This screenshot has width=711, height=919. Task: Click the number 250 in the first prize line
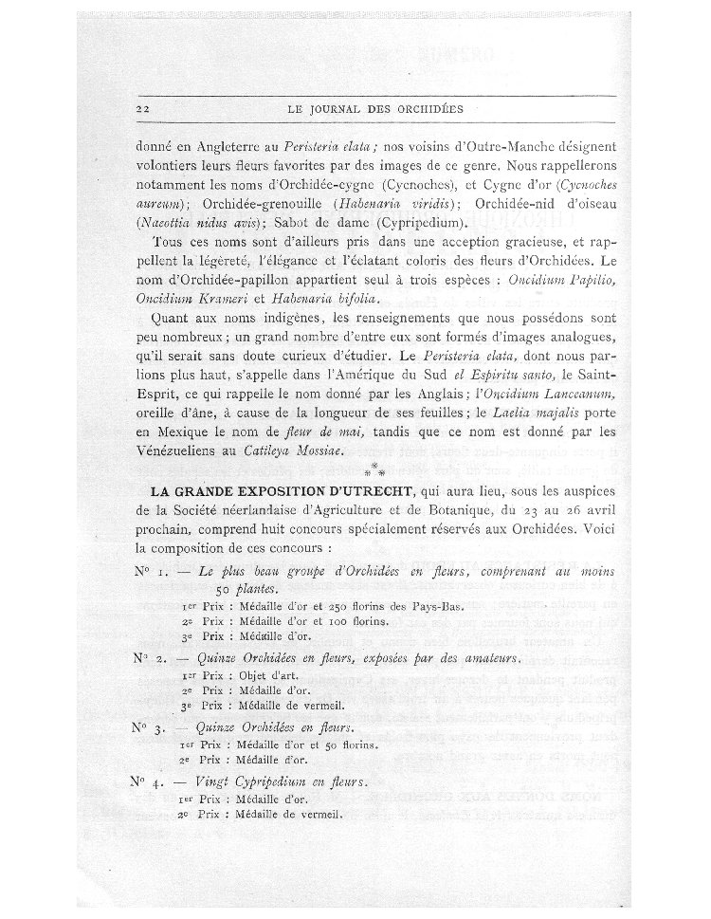[343, 607]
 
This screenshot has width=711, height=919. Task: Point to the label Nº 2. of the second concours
[148, 656]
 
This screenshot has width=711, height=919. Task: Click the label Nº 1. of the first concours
[149, 570]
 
